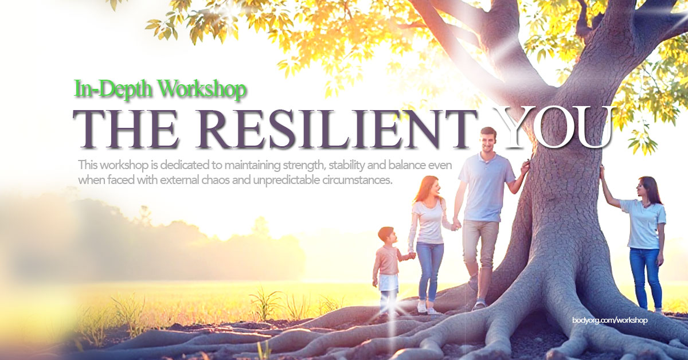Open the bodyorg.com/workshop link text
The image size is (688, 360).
[609, 320]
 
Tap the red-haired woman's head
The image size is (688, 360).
[428, 187]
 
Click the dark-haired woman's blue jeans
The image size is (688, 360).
[645, 275]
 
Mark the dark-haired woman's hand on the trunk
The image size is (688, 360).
[602, 171]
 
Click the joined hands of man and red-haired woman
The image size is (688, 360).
[456, 225]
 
